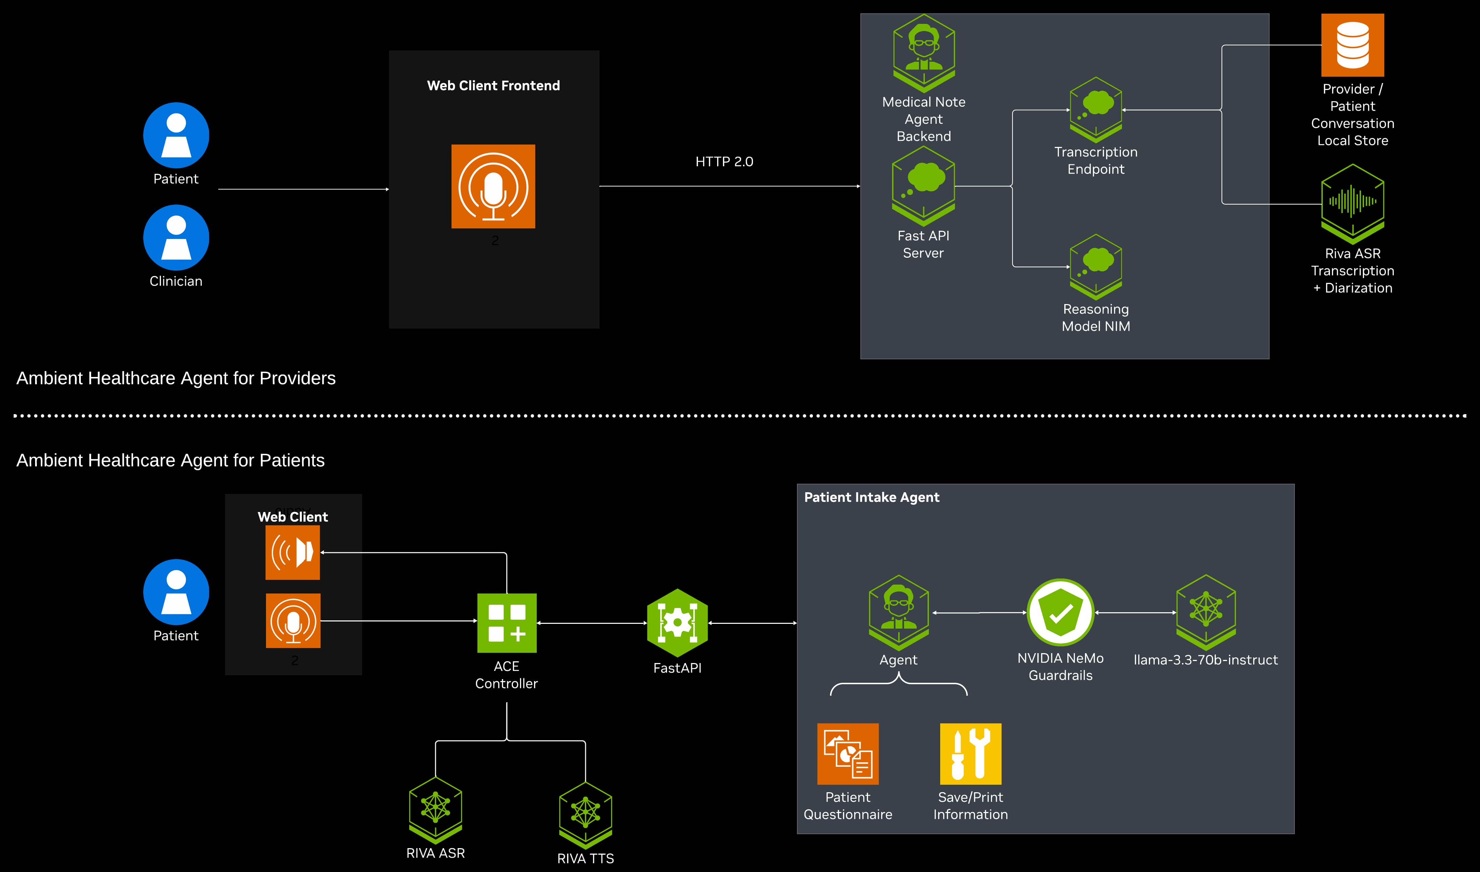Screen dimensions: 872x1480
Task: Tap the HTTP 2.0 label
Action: click(724, 162)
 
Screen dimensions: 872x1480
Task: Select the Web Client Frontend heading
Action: click(493, 86)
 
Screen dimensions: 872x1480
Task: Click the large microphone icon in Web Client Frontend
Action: click(493, 186)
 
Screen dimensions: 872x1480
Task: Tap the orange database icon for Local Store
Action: click(1352, 45)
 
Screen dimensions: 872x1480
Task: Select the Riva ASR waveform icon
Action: click(1352, 203)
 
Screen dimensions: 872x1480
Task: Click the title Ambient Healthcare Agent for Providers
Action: click(176, 378)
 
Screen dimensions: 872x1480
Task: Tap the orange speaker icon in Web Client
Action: click(293, 552)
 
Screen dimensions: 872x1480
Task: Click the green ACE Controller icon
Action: click(507, 623)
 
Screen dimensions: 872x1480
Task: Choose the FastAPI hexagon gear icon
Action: click(677, 623)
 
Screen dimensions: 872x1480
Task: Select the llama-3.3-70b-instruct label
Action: click(1205, 660)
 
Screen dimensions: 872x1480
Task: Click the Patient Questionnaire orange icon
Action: click(847, 754)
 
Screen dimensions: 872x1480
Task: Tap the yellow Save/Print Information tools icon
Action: click(971, 754)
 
